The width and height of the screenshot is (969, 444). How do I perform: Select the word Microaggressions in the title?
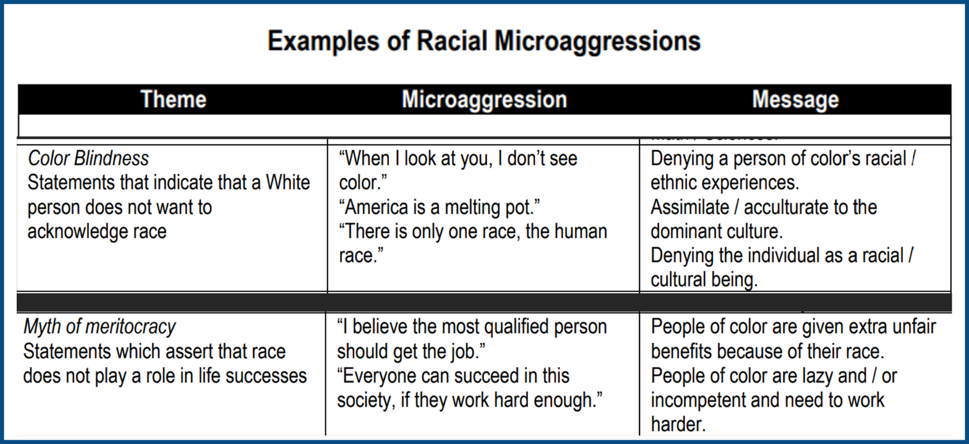coord(598,42)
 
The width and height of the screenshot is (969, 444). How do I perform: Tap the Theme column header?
coord(173,100)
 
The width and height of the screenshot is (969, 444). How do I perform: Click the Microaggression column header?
coord(484,100)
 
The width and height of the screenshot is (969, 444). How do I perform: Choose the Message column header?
coord(796,100)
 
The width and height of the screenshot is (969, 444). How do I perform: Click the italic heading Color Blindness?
coord(88,158)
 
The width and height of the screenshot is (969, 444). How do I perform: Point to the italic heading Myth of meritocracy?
coord(100,327)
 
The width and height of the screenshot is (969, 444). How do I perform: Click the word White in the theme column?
coord(288,182)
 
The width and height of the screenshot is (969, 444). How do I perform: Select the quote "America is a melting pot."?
coord(439,207)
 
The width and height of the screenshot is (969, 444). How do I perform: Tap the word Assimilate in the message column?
coord(690,207)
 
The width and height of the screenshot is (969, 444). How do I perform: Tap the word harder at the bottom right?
coord(678,424)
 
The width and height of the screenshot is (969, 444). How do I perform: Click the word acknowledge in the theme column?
coord(78,231)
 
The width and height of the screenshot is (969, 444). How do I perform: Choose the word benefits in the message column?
coord(681,351)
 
